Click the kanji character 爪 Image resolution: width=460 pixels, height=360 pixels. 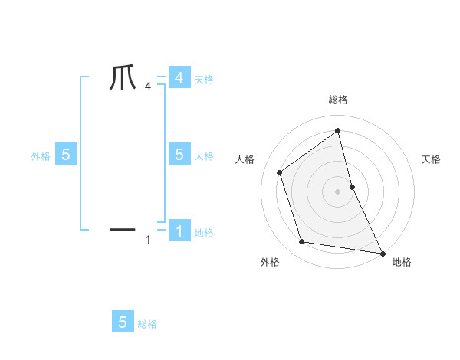tap(123, 78)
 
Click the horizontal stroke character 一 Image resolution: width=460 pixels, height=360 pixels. tap(123, 228)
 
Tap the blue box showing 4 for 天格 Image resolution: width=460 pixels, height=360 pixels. tap(179, 78)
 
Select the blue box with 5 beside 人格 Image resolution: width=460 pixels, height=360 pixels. tap(179, 155)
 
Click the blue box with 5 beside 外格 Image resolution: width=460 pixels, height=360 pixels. tap(65, 155)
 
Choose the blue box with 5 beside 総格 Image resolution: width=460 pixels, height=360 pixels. tap(123, 322)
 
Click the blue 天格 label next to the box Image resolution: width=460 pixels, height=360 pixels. tap(204, 80)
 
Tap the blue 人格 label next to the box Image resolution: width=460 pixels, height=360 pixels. tap(204, 156)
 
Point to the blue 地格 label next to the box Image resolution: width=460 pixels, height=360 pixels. tap(204, 233)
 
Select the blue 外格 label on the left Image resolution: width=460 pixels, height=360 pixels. tap(40, 156)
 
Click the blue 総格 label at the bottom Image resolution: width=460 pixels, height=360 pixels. tap(147, 325)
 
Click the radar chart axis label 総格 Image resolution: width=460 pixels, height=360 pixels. tap(338, 100)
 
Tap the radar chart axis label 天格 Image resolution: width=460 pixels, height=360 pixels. tap(431, 159)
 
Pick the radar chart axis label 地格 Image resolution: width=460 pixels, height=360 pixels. tap(402, 263)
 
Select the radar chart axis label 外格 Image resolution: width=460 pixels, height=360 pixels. tap(270, 263)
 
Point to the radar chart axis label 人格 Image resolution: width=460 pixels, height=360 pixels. tap(245, 159)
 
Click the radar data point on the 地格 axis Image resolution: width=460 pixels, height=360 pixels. tap(381, 253)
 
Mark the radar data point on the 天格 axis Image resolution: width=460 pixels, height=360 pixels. tap(352, 186)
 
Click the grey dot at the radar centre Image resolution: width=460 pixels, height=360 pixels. tap(338, 191)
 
